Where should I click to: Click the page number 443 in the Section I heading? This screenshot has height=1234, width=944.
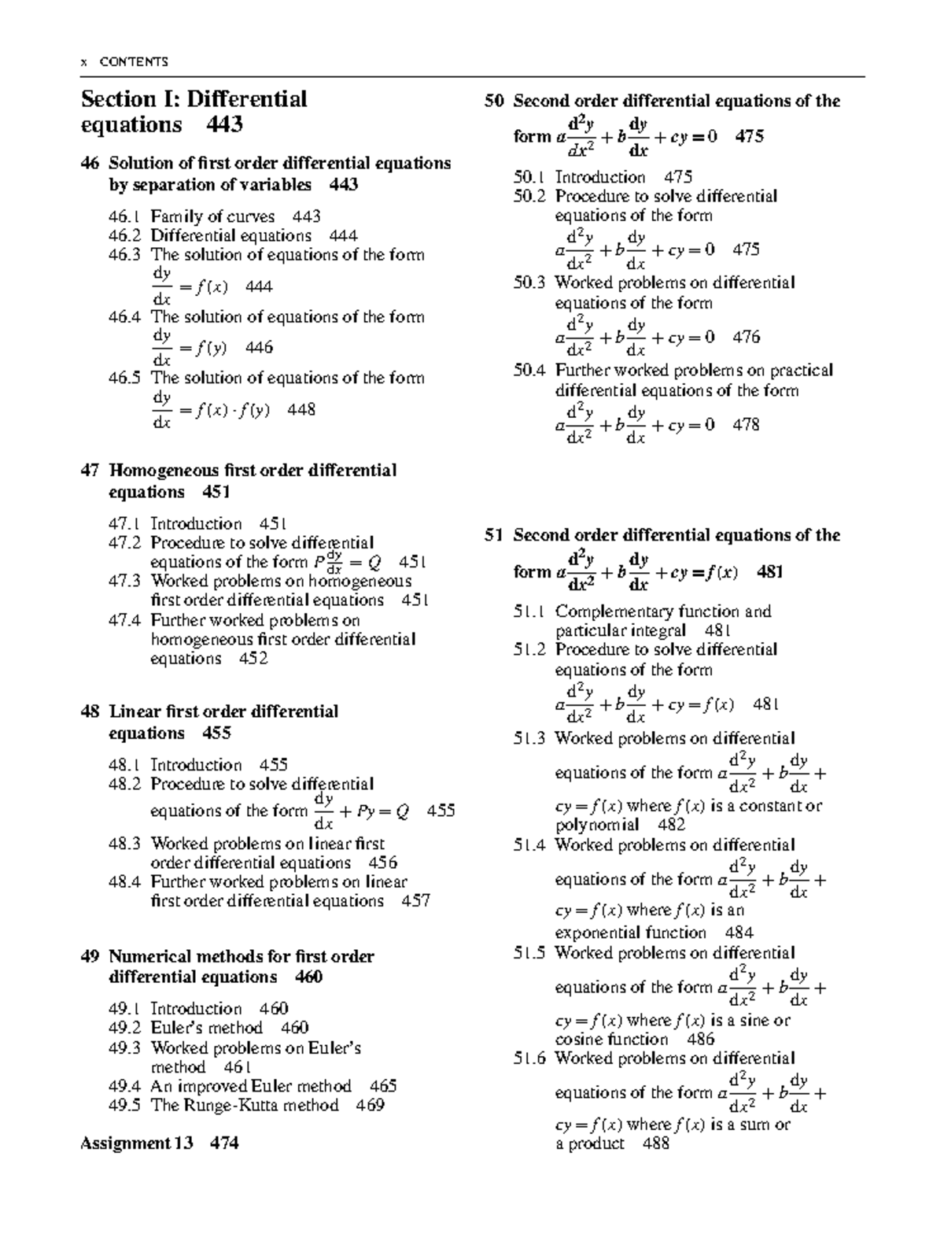click(225, 125)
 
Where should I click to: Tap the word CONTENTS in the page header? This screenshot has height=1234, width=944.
click(134, 62)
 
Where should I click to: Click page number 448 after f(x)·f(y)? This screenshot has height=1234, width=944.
click(301, 409)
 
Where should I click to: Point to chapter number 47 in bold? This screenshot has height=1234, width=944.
click(90, 471)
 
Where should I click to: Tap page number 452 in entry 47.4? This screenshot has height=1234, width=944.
click(253, 659)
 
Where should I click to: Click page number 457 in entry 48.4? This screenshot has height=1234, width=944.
click(415, 901)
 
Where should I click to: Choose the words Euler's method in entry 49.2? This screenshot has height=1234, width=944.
click(206, 1028)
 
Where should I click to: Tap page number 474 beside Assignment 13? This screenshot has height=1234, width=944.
click(224, 1143)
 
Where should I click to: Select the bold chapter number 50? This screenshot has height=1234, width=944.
click(494, 102)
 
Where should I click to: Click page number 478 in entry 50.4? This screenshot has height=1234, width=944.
click(746, 425)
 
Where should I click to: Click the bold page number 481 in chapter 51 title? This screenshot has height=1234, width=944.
click(769, 572)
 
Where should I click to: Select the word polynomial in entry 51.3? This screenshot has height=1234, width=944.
click(597, 825)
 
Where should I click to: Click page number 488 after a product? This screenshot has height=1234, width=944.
click(655, 1143)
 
